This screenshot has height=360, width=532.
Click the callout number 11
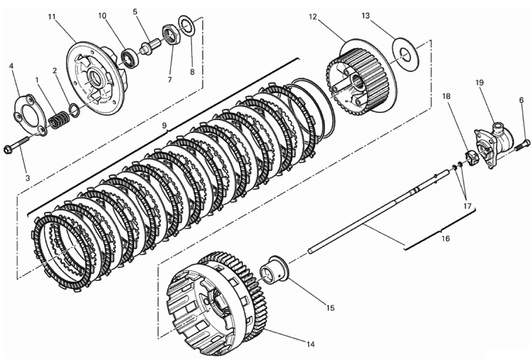pos(51,17)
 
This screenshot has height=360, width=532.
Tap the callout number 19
pos(479,83)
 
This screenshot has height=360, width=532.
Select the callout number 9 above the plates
pos(164,126)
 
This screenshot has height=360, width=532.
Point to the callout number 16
pos(445,238)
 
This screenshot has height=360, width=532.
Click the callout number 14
pos(310,345)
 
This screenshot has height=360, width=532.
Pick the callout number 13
pos(365,16)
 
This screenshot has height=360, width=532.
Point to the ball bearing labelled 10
pos(129,57)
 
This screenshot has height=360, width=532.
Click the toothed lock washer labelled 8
pos(186,25)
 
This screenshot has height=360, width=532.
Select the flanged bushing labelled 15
pos(274,269)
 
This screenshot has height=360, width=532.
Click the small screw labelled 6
pos(523,145)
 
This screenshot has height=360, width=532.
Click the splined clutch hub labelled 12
pos(360,80)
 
